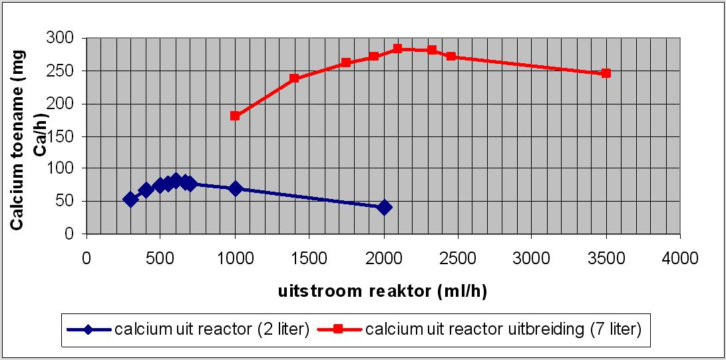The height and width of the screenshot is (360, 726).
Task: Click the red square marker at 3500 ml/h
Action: pos(606,73)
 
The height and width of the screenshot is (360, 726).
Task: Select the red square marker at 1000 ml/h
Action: pos(235,116)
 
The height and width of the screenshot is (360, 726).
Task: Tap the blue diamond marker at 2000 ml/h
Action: pos(383,208)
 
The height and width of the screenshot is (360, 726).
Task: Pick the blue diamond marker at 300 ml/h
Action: pos(130,199)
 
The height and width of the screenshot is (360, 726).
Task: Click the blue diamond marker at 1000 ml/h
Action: pos(235,188)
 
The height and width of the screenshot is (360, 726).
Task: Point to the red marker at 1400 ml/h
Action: pos(294,79)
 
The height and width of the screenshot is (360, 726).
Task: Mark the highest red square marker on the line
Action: pos(397,49)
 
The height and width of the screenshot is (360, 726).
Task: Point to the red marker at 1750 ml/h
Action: pos(346,63)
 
